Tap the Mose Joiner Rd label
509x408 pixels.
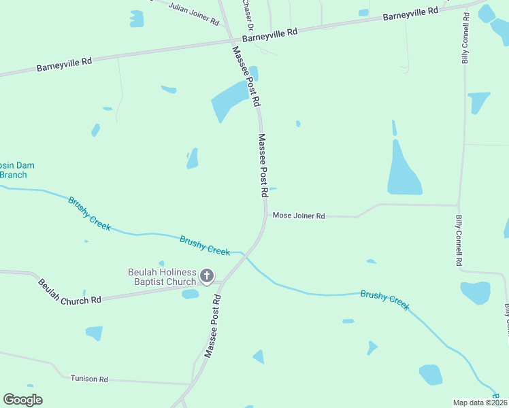[x=299, y=216]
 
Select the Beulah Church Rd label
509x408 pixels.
[x=69, y=292]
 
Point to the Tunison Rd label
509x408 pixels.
[x=89, y=379]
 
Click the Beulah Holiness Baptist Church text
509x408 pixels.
[x=162, y=277]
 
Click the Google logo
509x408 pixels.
[x=22, y=400]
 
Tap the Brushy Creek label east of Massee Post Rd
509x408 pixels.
[x=384, y=300]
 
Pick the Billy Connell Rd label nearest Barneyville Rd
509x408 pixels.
[x=465, y=38]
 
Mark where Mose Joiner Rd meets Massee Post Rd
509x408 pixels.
[x=265, y=216]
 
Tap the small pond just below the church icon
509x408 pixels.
[x=191, y=294]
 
